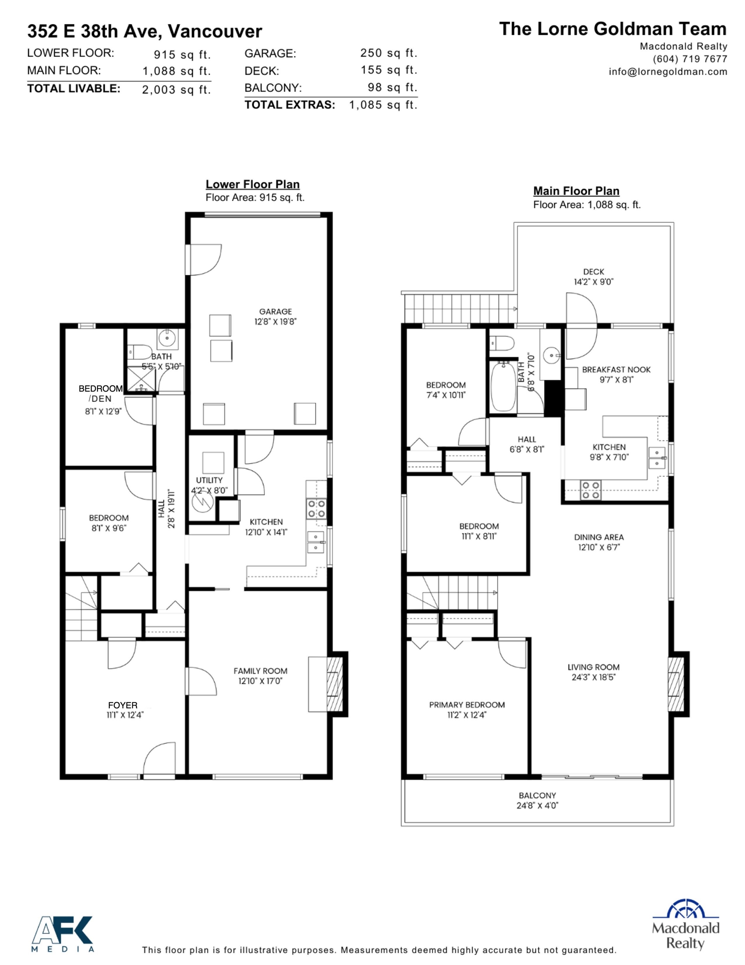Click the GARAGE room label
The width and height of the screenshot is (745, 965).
275,312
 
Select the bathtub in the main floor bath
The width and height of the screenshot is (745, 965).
504,386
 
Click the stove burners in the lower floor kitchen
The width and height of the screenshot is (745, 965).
316,508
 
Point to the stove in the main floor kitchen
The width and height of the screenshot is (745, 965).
590,490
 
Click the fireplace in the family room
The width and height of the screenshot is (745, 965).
334,684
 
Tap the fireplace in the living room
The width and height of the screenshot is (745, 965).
676,684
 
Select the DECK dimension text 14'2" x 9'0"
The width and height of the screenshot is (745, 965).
593,282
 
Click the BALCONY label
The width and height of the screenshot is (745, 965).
537,795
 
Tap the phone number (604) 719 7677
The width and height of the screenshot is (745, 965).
690,59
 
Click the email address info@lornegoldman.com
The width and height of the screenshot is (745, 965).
668,72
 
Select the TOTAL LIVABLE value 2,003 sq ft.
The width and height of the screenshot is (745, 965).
176,90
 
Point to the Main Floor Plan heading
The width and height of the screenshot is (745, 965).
576,191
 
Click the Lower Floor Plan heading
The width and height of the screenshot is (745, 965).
253,184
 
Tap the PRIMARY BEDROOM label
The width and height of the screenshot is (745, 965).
467,705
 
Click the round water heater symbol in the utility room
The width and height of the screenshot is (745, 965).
203,501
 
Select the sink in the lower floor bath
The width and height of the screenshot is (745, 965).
168,339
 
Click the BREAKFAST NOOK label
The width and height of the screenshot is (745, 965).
616,369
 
